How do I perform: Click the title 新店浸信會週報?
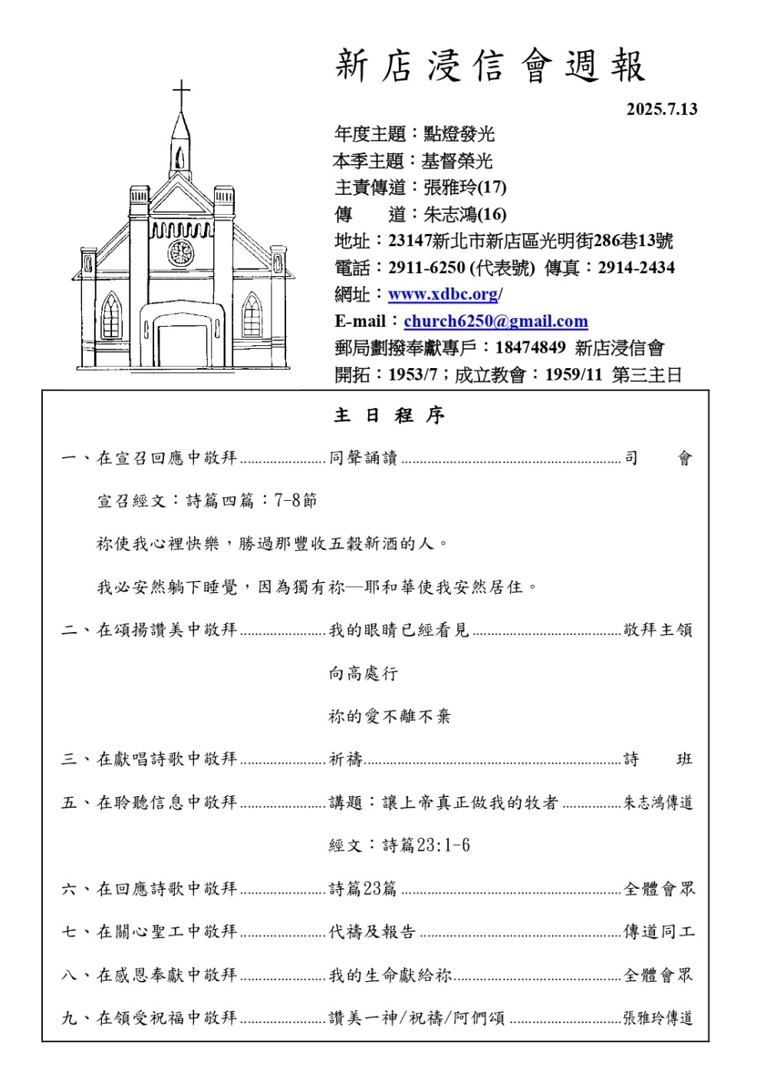(490, 67)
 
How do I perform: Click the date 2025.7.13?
(661, 109)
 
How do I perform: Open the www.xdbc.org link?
(443, 295)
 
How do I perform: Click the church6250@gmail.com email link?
(495, 321)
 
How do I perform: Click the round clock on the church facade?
(181, 252)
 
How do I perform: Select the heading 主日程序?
(390, 416)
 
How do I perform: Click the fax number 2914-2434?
(636, 268)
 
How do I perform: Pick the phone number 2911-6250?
(426, 268)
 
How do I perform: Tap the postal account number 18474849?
(530, 348)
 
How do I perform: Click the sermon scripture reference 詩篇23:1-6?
(399, 845)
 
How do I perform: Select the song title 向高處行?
(364, 673)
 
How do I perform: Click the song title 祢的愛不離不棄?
(390, 716)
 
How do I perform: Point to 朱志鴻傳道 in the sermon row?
(657, 803)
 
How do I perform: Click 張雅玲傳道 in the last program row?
(657, 1018)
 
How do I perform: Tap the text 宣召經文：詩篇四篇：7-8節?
(206, 501)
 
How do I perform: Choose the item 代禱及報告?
(372, 932)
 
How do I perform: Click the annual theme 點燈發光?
(459, 135)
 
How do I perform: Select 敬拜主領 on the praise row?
(657, 630)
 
